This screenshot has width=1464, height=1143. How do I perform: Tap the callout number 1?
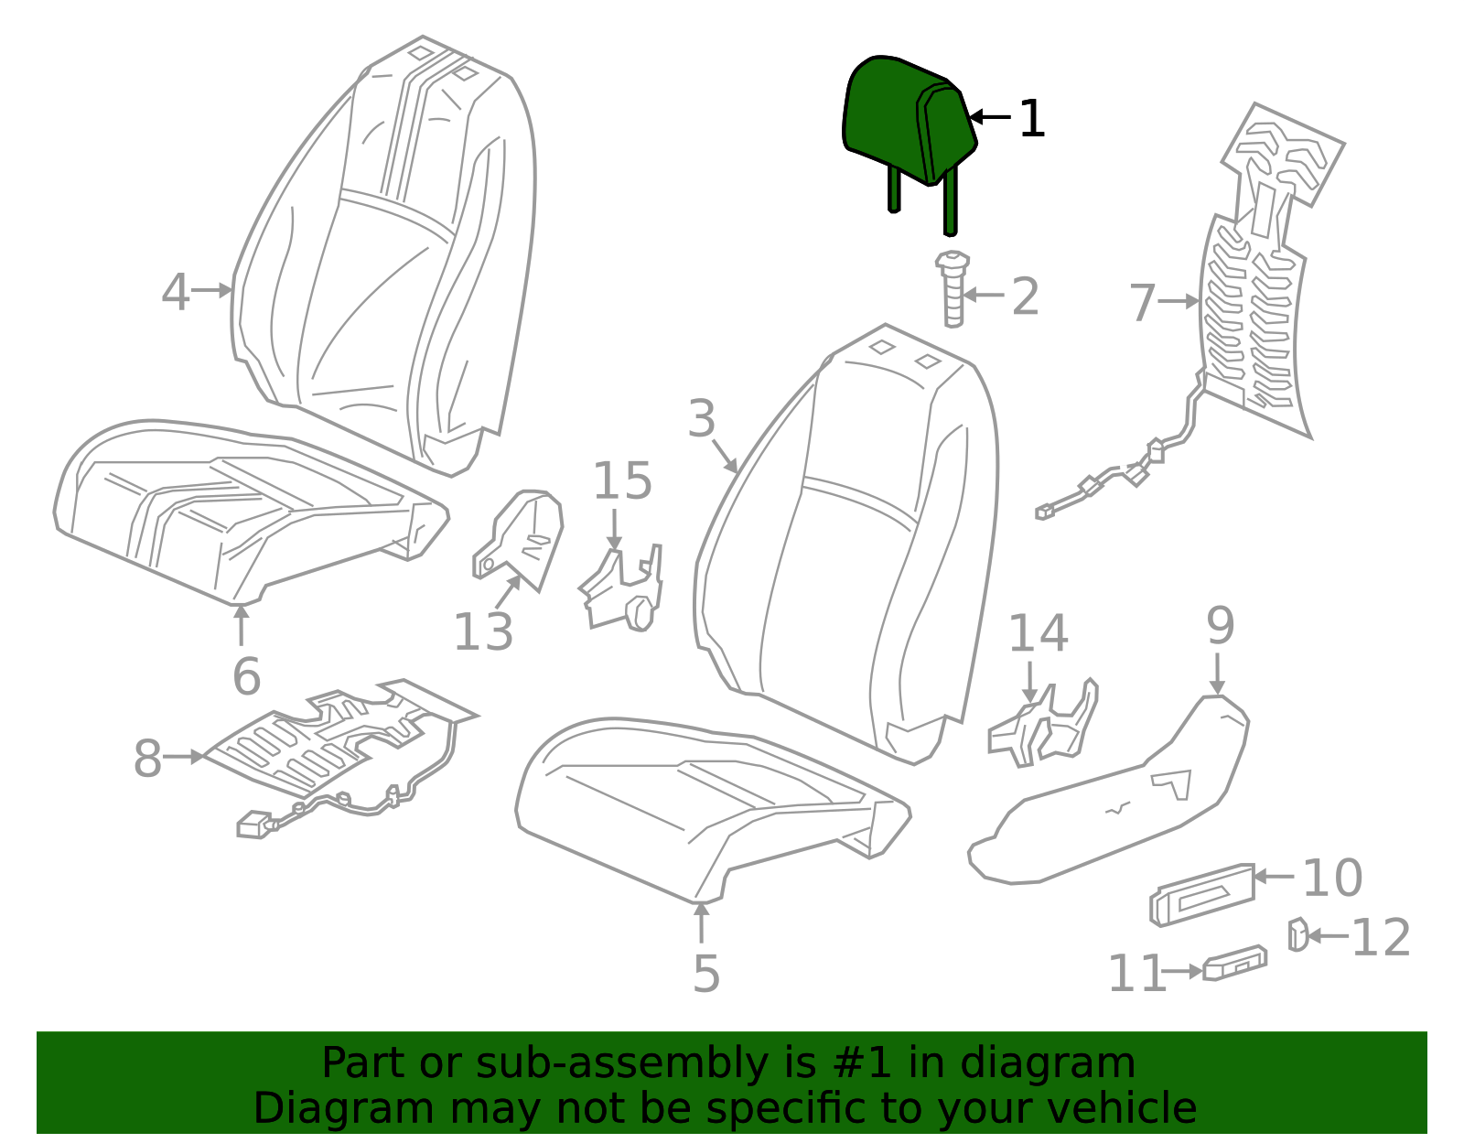[x=1031, y=119]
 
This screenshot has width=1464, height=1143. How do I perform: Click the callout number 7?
[x=1142, y=303]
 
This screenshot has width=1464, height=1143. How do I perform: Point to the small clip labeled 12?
[x=1297, y=934]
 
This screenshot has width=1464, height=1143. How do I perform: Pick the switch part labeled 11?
[x=1235, y=964]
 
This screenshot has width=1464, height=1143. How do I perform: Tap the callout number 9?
[x=1220, y=627]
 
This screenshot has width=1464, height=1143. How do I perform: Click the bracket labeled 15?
[x=622, y=590]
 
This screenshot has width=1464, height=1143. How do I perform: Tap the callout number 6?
[x=246, y=676]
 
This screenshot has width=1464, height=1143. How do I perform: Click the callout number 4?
[x=175, y=293]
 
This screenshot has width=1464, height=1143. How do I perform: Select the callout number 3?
[x=701, y=419]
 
